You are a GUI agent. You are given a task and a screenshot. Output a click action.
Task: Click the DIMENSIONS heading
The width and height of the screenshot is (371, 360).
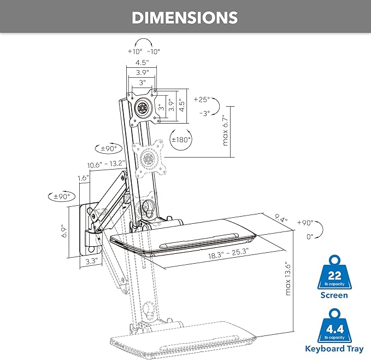pos(185,18)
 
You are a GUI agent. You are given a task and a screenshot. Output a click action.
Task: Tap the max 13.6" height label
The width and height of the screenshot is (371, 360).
pos(288,278)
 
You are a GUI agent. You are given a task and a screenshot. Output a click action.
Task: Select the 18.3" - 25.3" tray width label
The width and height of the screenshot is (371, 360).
pos(228,253)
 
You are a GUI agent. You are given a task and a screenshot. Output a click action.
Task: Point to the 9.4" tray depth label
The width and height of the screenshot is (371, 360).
pos(281,218)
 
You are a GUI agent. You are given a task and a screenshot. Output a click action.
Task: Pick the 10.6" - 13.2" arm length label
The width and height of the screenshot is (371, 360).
pos(106,164)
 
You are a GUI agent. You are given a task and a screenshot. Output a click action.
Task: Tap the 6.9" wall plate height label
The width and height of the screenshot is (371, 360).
pos(64,231)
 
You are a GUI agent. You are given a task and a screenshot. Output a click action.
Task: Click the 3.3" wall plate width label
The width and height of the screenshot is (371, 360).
pos(91,261)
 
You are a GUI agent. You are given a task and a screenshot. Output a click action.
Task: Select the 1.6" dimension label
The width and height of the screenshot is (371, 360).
pos(84,178)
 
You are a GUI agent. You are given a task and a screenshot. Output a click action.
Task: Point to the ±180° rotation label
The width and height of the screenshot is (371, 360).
pos(181,140)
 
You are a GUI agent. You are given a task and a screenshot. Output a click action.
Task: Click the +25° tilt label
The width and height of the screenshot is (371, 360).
pos(202,100)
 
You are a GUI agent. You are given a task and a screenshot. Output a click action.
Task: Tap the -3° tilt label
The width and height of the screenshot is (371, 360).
pos(205,113)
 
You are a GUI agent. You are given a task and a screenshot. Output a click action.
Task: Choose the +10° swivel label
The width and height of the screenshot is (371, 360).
pos(135,51)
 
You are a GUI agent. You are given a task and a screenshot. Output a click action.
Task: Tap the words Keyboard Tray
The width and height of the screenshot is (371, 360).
pos(334,349)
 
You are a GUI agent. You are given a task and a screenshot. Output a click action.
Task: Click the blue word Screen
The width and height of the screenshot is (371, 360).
pos(334,295)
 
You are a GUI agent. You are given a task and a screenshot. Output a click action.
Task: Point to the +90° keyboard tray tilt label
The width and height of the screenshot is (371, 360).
pos(305,223)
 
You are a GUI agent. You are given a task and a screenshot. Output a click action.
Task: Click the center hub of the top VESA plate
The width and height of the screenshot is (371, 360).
pos(143,108)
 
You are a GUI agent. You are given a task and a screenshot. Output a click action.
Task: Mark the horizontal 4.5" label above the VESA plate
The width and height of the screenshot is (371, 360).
pos(142,62)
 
